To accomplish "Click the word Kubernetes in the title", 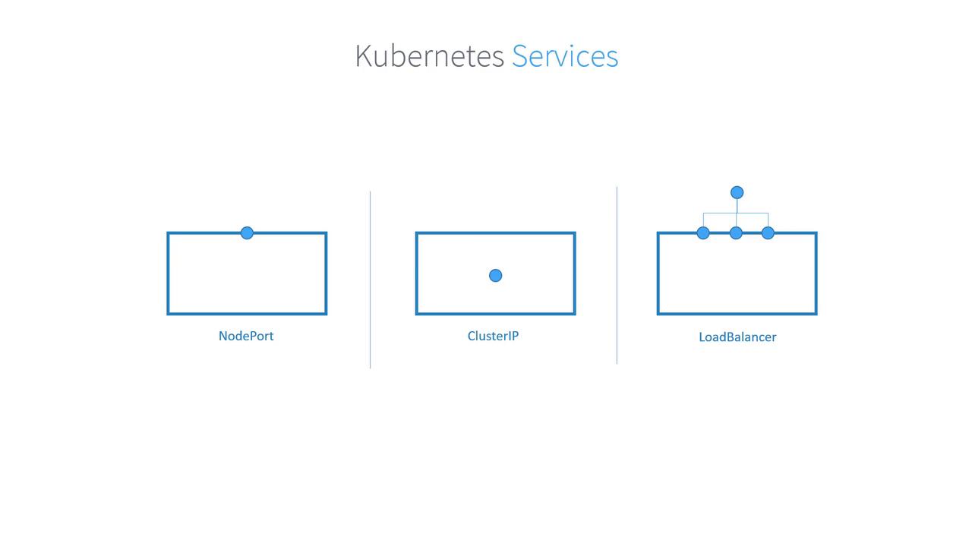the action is pyautogui.click(x=430, y=56).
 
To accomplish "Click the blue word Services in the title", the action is pyautogui.click(x=565, y=56).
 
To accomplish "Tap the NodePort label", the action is pyautogui.click(x=246, y=336).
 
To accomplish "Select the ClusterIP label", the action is pyautogui.click(x=493, y=336).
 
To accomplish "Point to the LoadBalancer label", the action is pyautogui.click(x=737, y=337).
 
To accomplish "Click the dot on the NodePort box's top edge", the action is pyautogui.click(x=247, y=233).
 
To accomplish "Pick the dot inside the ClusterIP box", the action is pyautogui.click(x=496, y=276).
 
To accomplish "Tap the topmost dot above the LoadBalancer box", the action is pyautogui.click(x=737, y=192).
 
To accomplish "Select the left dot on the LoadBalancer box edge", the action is pyautogui.click(x=703, y=233).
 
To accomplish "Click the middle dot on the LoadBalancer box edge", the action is pyautogui.click(x=736, y=233).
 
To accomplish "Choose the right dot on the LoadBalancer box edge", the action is pyautogui.click(x=768, y=233).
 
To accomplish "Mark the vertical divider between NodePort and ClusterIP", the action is pyautogui.click(x=370, y=280).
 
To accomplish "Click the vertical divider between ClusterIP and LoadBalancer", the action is pyautogui.click(x=617, y=275).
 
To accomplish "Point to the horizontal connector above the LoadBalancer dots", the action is pyautogui.click(x=736, y=213).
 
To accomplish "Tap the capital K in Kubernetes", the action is pyautogui.click(x=362, y=56).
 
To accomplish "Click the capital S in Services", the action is pyautogui.click(x=519, y=56).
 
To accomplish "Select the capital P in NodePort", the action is pyautogui.click(x=252, y=336).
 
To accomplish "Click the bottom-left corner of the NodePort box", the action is pyautogui.click(x=168, y=314).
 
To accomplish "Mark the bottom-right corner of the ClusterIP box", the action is pyautogui.click(x=575, y=314).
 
